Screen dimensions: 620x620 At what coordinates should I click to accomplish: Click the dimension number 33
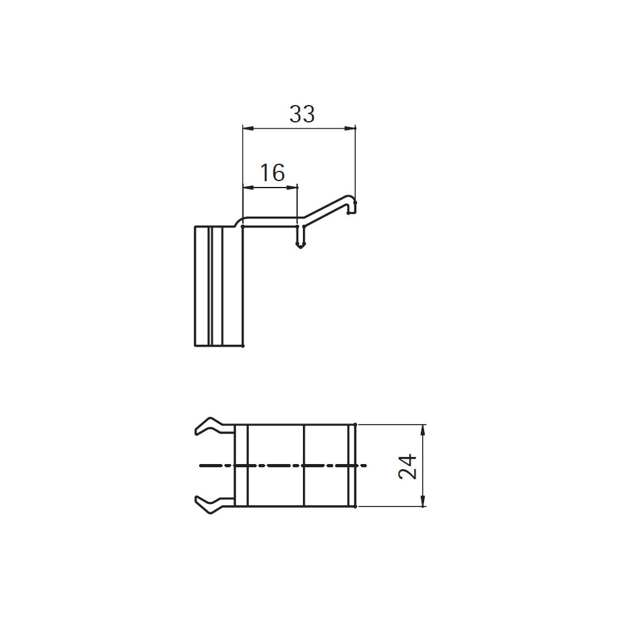tap(302, 114)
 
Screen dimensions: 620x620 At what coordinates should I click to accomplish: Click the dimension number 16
tap(273, 173)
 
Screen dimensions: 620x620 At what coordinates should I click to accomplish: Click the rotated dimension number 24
tap(407, 467)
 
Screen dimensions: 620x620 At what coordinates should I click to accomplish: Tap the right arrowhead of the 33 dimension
tap(350, 128)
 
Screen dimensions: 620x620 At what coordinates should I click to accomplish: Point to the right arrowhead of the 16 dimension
tap(292, 188)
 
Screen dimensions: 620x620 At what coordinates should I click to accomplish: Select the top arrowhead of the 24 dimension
tap(423, 431)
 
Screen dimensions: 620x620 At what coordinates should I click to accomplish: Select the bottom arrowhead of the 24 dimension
tap(423, 501)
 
